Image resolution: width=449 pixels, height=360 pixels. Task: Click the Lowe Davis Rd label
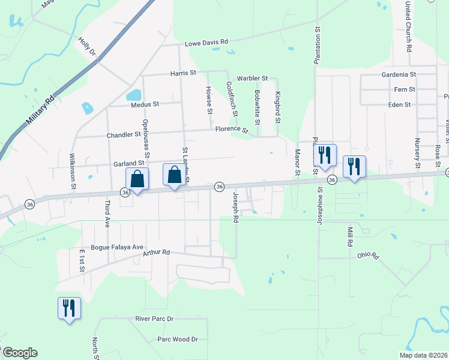coord(206,43)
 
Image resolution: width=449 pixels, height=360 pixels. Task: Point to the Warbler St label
coord(252,79)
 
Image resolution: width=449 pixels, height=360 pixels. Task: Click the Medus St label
coord(145,104)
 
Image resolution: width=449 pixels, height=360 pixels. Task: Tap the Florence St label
coord(232,129)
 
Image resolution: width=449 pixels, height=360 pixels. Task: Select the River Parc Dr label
coord(154,318)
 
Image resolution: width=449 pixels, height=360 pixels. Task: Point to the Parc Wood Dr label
coord(177,340)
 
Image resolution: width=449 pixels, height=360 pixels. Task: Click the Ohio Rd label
coord(369,256)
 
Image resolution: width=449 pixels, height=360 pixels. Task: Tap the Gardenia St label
coord(399,75)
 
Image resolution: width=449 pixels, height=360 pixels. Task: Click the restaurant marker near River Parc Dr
coord(68,308)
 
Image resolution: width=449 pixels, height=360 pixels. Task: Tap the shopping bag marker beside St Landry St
coord(174,176)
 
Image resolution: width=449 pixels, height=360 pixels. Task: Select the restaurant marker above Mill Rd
coord(354,166)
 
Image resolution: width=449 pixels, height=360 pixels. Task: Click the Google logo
coord(19,353)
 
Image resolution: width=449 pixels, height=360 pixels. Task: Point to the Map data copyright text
coord(423,355)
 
